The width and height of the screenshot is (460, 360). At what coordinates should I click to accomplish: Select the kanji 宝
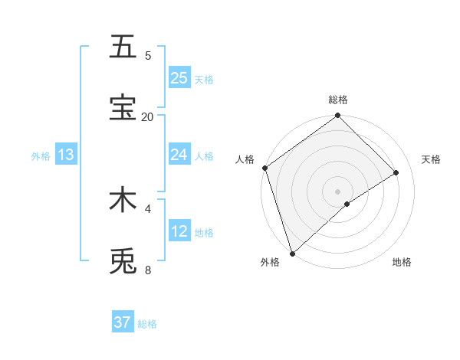click(x=123, y=107)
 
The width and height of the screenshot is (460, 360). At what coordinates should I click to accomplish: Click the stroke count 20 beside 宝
click(x=147, y=116)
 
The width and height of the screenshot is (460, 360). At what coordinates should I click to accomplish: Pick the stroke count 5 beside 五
click(x=148, y=55)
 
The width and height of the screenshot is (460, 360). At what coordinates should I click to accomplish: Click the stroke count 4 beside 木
click(x=148, y=208)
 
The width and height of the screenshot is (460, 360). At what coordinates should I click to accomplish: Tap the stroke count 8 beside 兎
click(x=148, y=270)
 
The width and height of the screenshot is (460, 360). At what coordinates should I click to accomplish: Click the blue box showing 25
click(x=179, y=78)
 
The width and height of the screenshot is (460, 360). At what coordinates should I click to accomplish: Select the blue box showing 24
click(x=179, y=155)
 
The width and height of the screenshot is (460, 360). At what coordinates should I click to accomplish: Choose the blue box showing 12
click(x=179, y=231)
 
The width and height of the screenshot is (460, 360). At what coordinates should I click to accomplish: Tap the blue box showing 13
click(x=66, y=155)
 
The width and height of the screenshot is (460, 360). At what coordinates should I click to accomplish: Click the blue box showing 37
click(x=123, y=322)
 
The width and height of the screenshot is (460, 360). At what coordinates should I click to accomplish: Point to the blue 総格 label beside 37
click(x=147, y=324)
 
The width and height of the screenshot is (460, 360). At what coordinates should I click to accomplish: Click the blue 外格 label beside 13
click(x=41, y=156)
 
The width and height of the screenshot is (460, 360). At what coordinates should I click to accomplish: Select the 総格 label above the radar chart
click(x=338, y=100)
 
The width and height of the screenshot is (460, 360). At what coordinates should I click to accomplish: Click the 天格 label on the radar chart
click(x=431, y=159)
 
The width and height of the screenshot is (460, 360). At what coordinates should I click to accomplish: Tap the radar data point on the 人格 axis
click(x=264, y=168)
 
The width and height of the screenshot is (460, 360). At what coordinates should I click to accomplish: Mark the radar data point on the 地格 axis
click(x=347, y=204)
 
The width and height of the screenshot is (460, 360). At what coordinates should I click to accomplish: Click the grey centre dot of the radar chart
click(x=338, y=191)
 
